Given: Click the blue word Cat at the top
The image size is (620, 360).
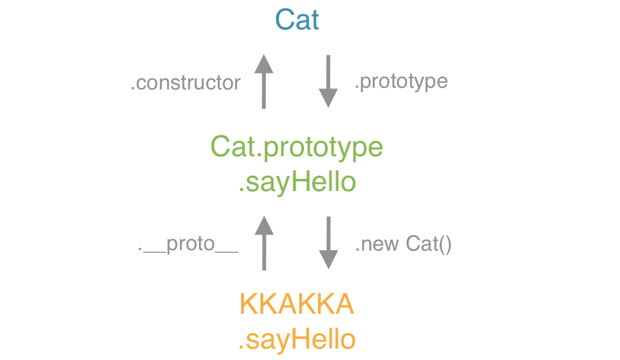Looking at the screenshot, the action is pos(297,20).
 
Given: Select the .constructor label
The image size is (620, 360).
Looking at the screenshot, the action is pos(186,83).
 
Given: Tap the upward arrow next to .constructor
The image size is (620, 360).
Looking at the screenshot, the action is pos(264,81).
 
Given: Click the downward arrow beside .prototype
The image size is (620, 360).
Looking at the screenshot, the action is pos(328,81).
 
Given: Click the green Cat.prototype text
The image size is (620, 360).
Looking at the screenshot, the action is pos(297,147).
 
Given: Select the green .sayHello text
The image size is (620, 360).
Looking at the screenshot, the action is pos(297,182).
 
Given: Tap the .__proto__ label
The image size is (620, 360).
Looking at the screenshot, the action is pos(188,244).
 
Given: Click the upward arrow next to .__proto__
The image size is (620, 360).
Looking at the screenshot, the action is pos(264,243).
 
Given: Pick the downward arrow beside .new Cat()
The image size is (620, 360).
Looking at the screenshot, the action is pos(328,243).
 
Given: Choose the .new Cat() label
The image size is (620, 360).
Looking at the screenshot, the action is pos(403,244).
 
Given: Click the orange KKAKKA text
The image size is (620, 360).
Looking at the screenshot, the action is pos(297,304).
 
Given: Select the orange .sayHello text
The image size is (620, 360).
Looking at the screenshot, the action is pos(297,340).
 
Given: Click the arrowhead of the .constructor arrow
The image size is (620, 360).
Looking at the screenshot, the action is pos(264,64).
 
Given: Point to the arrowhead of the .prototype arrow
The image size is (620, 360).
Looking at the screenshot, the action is pos(328,98).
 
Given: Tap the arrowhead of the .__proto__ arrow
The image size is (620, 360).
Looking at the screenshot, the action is pos(264,225).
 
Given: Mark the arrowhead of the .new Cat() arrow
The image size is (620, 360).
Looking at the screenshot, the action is pos(329,260).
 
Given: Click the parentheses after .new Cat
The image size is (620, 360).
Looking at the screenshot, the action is pos(445,244).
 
